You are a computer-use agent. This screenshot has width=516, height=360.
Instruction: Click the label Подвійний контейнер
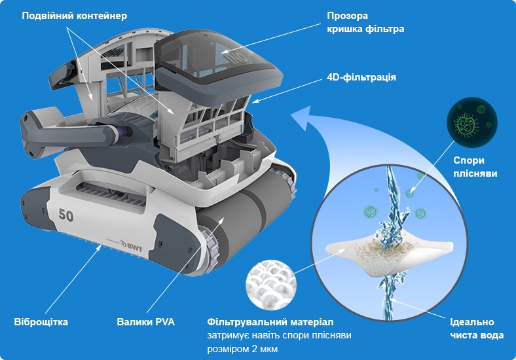click(x=75, y=16)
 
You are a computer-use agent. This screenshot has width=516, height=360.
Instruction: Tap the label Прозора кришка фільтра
click(x=365, y=22)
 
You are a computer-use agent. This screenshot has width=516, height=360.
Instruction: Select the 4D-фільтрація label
click(x=361, y=77)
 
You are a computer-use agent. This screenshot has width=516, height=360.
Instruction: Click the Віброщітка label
click(x=41, y=322)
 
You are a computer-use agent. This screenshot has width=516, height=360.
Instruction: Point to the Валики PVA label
click(x=145, y=322)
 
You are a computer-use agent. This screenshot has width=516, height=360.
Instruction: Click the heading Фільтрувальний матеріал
click(x=270, y=322)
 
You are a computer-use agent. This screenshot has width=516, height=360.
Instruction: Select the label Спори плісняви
click(x=475, y=167)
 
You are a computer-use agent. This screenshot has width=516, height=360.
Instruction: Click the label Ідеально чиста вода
click(x=477, y=329)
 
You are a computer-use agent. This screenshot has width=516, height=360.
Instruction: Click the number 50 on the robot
click(x=66, y=215)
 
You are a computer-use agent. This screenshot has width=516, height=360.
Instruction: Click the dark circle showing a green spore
click(x=472, y=122)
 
